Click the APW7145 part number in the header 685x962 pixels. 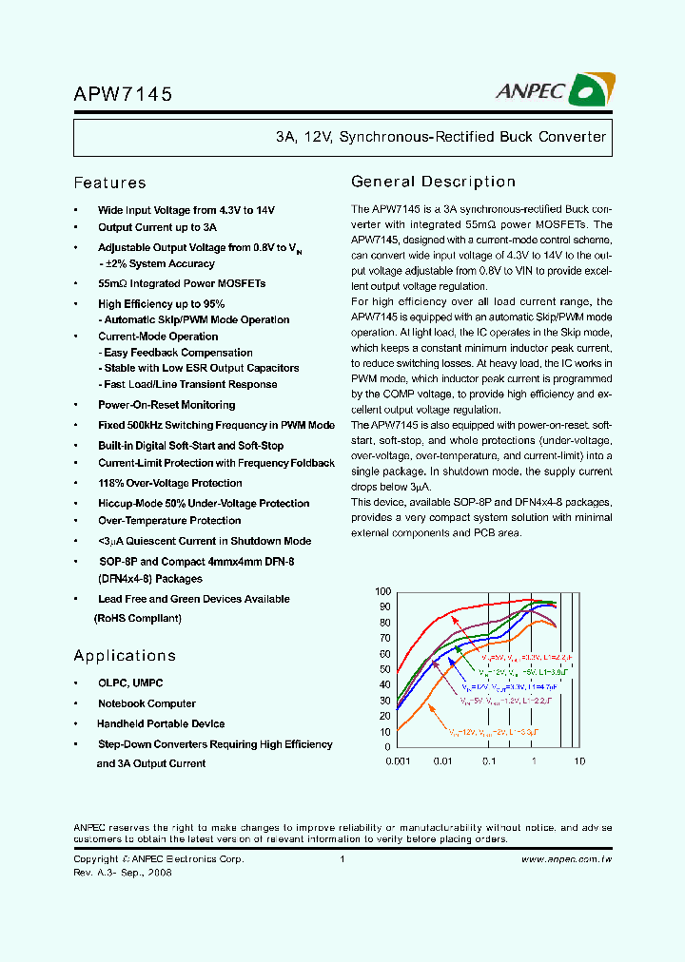(123, 94)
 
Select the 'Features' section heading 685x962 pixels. (110, 183)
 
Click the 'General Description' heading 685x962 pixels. (434, 182)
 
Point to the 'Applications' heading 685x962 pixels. (125, 656)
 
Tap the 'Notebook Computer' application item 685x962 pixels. (147, 704)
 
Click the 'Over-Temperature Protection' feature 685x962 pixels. (169, 521)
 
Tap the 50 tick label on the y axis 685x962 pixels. (384, 669)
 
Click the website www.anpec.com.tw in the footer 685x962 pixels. (566, 859)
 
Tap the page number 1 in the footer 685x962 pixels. (342, 859)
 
